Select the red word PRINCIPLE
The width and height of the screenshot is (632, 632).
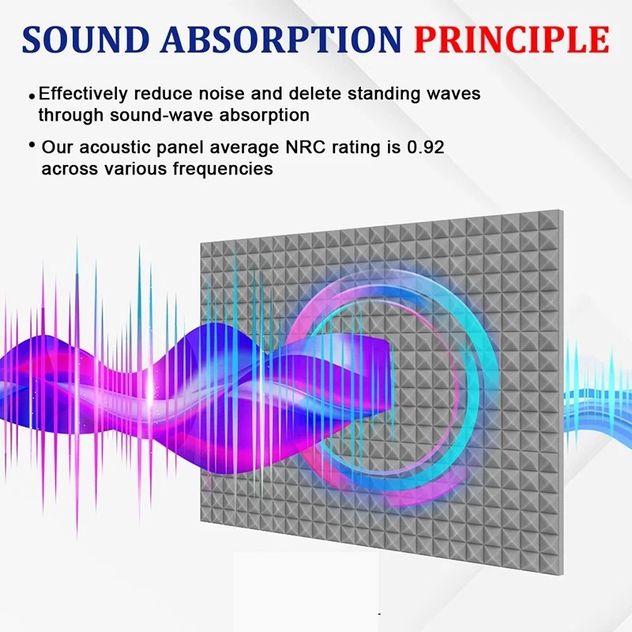pyautogui.click(x=512, y=39)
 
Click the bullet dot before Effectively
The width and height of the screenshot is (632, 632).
pyautogui.click(x=32, y=96)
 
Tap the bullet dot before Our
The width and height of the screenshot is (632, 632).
pyautogui.click(x=32, y=145)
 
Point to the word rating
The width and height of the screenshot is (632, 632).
pyautogui.click(x=347, y=148)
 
